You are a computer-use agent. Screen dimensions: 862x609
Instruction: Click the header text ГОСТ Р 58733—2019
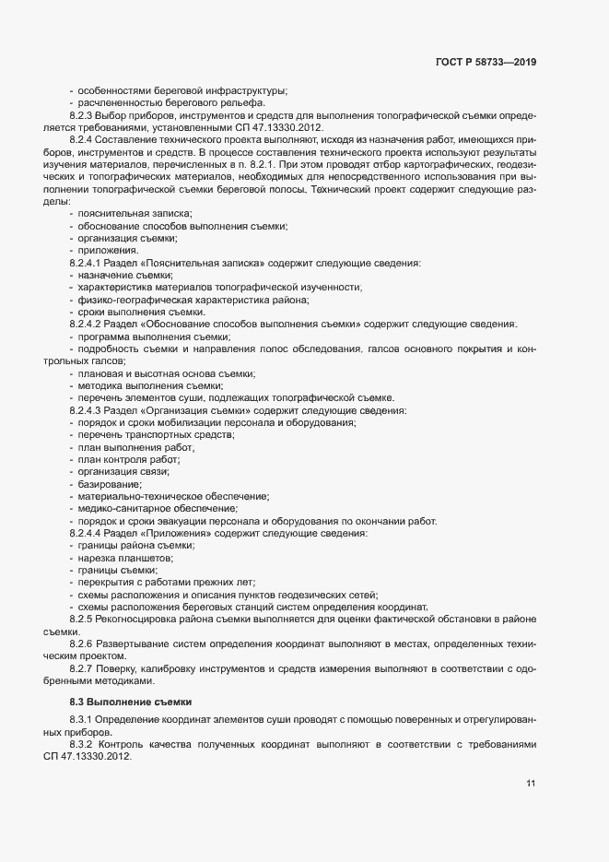click(486, 62)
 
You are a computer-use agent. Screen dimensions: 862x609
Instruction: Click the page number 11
click(531, 785)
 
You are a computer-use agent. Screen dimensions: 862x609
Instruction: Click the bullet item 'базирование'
click(111, 484)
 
